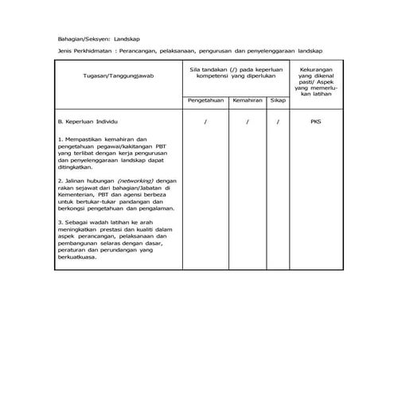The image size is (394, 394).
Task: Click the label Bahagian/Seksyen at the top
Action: (84, 38)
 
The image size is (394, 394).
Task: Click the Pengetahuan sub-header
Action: (205, 101)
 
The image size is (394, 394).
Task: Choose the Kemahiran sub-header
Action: (248, 101)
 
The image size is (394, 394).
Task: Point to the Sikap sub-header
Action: (278, 101)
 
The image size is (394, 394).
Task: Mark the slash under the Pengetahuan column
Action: (205, 123)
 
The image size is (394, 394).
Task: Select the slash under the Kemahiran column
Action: (248, 123)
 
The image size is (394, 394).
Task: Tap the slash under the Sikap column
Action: (278, 123)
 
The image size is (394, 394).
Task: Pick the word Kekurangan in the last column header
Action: (316, 71)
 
